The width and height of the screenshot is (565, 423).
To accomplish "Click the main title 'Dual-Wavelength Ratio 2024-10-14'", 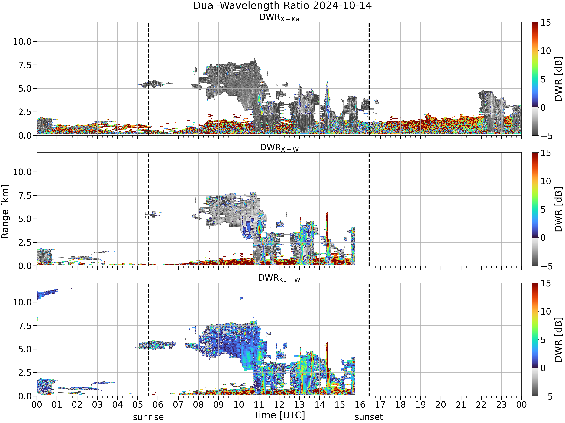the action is click(282, 5).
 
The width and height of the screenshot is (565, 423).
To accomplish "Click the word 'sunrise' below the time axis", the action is click(148, 417).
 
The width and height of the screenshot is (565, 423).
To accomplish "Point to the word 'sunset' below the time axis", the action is click(369, 417).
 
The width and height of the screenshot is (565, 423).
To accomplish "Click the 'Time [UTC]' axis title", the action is click(279, 415).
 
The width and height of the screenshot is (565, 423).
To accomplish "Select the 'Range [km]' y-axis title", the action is click(5, 212).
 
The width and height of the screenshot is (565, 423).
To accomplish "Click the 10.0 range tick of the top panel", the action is click(22, 41).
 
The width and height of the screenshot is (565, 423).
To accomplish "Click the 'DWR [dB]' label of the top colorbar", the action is click(559, 79).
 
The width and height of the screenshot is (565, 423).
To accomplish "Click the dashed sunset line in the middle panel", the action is click(369, 209).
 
